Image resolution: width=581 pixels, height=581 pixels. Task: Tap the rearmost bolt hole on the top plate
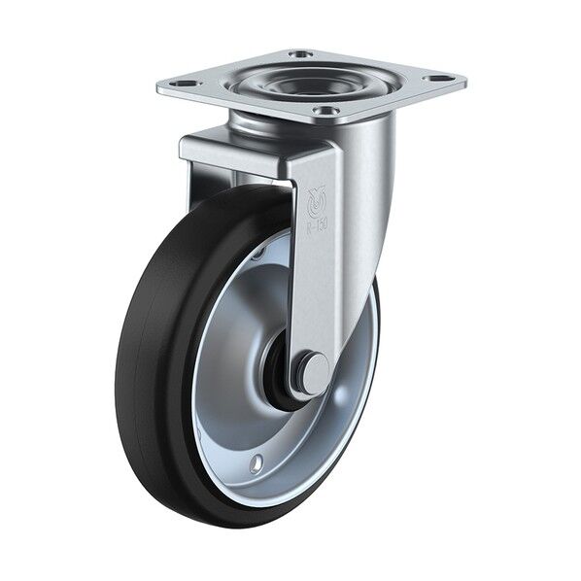pos(301,54)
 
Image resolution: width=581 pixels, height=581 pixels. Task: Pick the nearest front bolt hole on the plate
pos(327,111)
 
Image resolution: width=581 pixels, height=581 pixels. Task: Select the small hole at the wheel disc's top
pos(259,255)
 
